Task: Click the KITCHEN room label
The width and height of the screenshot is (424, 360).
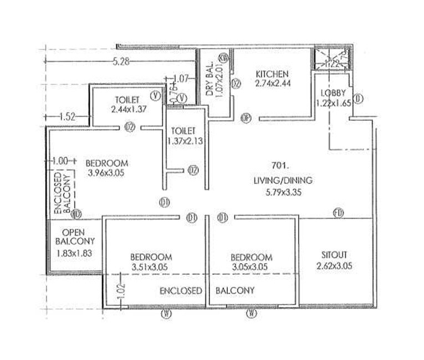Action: [272, 74]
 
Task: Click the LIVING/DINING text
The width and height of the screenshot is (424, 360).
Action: [283, 180]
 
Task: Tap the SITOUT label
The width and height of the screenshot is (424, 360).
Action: [335, 255]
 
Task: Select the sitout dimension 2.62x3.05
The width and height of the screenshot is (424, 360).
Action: [335, 266]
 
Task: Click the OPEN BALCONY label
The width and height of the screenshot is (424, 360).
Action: [76, 237]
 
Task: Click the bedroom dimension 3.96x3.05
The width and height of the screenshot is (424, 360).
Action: [106, 173]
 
